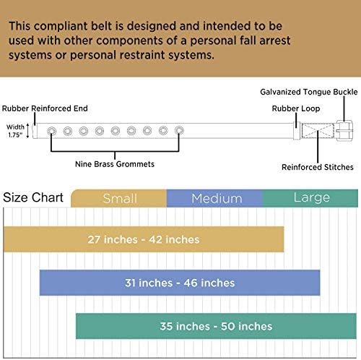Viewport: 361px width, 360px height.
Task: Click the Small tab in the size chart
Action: coord(118,198)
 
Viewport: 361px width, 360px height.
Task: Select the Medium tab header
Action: coord(214,198)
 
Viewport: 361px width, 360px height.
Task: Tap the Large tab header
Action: coord(310,198)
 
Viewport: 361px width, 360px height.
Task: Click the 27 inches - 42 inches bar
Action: coord(144,239)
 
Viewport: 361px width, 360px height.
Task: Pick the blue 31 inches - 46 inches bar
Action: coord(180,283)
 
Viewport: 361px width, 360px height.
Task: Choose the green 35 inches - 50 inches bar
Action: coord(216,326)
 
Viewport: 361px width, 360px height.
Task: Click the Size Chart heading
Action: coord(33,197)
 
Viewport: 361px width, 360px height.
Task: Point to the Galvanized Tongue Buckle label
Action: coord(309,92)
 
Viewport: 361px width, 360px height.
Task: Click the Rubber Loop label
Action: coord(296,108)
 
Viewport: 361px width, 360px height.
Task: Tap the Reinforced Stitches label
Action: coord(318,167)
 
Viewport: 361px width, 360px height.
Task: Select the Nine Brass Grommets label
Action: coord(115,164)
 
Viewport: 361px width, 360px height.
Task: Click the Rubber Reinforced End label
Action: coord(45,108)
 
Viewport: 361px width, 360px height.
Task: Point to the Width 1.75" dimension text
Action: coord(15,131)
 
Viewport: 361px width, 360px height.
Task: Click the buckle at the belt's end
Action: coord(344,131)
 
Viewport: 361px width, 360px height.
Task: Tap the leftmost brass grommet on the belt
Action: coord(52,131)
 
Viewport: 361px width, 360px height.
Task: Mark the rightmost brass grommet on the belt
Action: coord(179,131)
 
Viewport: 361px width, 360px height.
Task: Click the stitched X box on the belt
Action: coord(318,131)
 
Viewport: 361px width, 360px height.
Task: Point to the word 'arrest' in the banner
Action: coord(275,40)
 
